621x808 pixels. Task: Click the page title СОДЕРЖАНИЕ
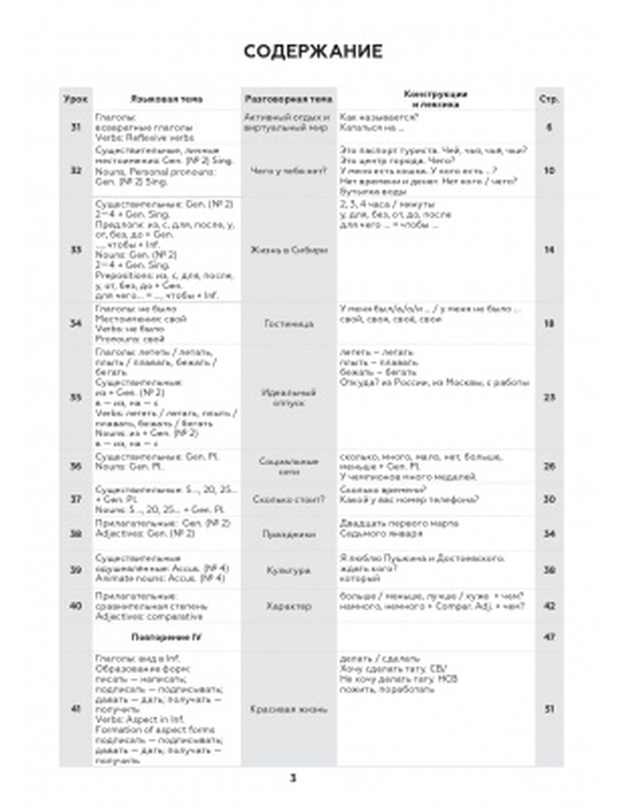pos(312,52)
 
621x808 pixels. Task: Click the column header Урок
pos(76,99)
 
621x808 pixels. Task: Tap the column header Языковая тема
pos(166,99)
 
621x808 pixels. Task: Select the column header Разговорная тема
pos(288,99)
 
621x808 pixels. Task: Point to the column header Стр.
pos(549,99)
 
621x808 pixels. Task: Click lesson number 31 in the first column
pos(76,127)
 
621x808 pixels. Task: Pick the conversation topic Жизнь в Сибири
pos(288,250)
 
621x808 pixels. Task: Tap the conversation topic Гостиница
pos(288,323)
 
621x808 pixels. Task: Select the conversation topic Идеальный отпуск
pos(288,397)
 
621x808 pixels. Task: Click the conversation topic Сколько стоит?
pos(288,499)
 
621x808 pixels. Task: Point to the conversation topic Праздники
pos(288,534)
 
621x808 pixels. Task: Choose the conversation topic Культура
pos(288,570)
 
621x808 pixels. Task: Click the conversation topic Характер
pos(288,606)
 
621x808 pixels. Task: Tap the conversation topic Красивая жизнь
pos(288,709)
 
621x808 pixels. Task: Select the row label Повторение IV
pos(166,637)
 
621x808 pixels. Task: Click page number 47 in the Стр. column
pos(549,637)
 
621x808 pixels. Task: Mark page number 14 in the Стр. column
pos(549,250)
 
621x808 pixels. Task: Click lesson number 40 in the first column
pos(76,606)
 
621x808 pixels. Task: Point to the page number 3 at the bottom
pos(293,778)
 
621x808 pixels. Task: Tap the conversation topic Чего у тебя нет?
pos(288,170)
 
